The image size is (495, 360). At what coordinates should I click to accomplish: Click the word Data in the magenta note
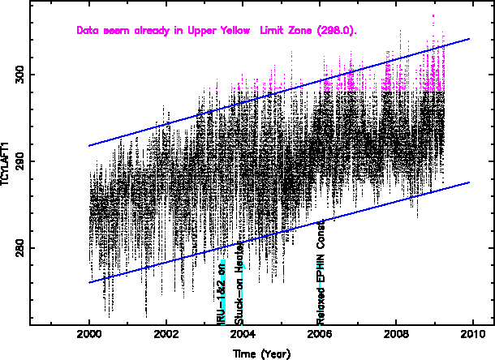click(x=87, y=31)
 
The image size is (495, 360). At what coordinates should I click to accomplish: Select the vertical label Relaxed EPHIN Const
click(x=321, y=259)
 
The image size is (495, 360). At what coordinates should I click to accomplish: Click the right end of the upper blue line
click(x=470, y=38)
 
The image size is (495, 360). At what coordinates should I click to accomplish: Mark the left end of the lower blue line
click(x=89, y=282)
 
